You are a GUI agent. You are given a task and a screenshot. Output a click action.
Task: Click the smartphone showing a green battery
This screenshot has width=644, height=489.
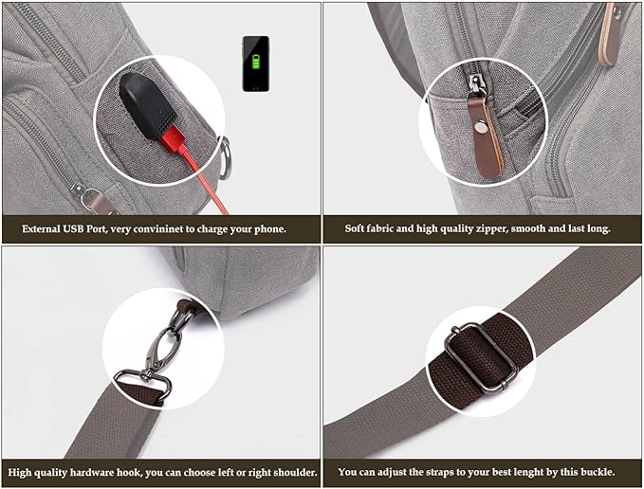256,63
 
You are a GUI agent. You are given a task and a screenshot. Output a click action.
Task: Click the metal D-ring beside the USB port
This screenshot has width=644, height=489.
223,157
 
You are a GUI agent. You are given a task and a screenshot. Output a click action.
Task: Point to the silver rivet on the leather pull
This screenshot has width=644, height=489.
487,120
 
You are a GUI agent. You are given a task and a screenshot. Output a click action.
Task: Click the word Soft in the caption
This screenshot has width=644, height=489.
358,229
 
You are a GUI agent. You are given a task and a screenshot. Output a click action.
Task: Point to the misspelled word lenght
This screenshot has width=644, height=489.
524,471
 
